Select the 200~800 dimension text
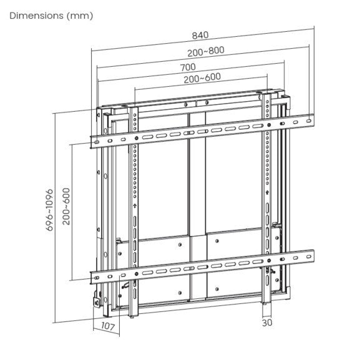tap(203, 51)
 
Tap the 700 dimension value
tap(188, 66)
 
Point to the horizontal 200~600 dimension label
tap(202, 77)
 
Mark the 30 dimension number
tap(266, 322)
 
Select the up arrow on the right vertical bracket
tap(268, 193)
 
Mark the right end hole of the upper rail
tap(308, 117)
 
